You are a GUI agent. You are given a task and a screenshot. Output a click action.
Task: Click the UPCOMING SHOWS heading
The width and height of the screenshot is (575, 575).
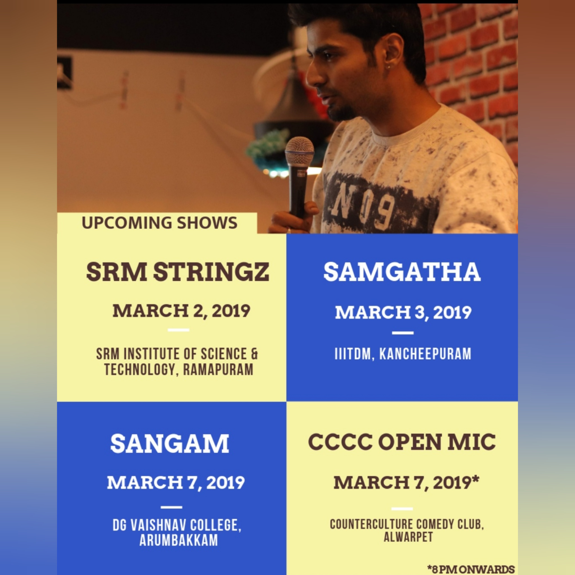click(159, 223)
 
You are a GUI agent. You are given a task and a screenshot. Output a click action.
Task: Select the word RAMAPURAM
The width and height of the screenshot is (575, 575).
click(218, 370)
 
